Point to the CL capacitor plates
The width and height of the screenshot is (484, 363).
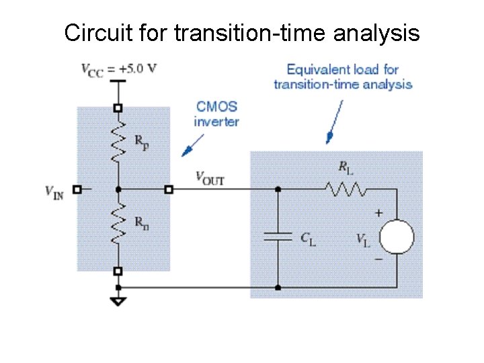point(278,236)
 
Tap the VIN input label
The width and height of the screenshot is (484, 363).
point(54,192)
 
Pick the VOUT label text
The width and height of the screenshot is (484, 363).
point(210,177)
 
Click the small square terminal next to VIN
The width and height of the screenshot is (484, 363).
point(77,190)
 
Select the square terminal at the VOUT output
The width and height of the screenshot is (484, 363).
point(169,190)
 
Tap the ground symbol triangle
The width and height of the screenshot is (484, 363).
point(118,300)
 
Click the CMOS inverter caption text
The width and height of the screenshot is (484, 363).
point(216,114)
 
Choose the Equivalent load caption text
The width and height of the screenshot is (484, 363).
point(343,77)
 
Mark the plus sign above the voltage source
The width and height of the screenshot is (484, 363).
point(379,213)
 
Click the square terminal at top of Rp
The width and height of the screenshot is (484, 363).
point(118,108)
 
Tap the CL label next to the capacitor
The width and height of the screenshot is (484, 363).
point(307,237)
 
